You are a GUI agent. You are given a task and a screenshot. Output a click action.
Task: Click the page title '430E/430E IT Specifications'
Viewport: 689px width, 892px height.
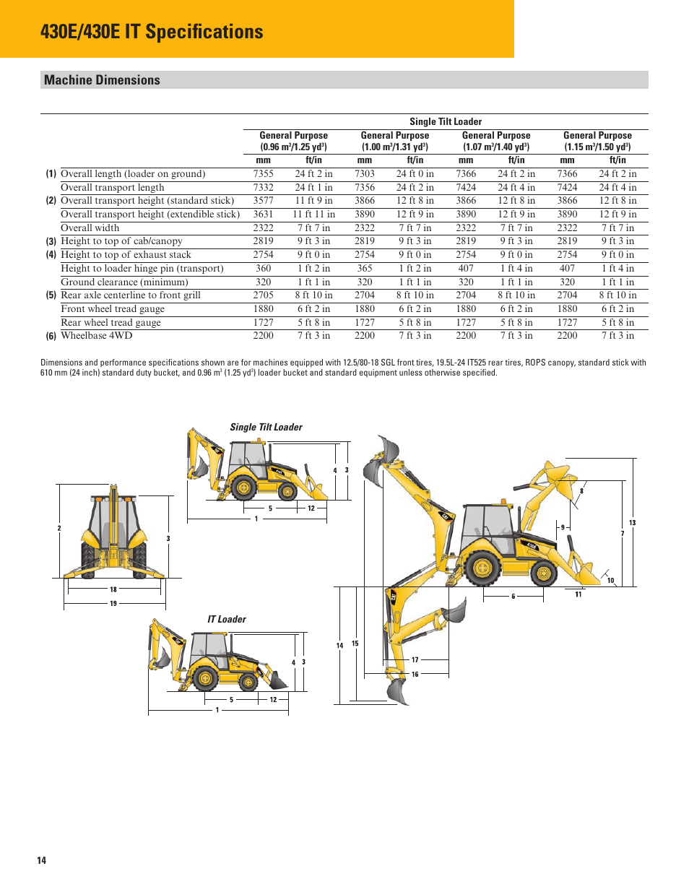point(152,32)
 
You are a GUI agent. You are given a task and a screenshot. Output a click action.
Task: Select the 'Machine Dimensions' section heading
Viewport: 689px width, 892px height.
point(102,80)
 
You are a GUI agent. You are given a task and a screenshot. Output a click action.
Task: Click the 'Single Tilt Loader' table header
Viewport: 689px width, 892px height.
point(445,121)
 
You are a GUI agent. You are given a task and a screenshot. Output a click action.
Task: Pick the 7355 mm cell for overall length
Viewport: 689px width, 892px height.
point(263,174)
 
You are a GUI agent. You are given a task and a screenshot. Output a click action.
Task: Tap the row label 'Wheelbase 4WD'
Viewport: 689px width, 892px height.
point(96,336)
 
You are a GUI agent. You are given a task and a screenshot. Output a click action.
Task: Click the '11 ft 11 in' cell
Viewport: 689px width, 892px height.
point(313,215)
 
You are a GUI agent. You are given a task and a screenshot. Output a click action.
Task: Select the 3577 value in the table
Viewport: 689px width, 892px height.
point(263,201)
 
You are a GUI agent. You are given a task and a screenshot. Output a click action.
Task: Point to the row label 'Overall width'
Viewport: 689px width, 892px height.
point(90,228)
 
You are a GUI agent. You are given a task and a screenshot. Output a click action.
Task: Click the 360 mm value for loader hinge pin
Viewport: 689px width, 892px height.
point(263,269)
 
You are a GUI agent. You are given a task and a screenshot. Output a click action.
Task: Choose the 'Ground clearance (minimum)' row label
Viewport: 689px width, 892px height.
point(124,282)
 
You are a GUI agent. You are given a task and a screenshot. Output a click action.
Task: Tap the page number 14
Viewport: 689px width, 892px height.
point(42,860)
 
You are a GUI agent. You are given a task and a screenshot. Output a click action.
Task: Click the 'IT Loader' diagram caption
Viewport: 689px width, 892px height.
point(226,620)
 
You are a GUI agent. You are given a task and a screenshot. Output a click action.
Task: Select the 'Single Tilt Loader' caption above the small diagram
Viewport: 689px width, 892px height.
point(266,428)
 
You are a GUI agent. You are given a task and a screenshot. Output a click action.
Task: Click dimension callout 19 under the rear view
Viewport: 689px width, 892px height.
point(113,604)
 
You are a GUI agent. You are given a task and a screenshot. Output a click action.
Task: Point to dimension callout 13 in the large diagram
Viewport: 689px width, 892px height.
point(632,523)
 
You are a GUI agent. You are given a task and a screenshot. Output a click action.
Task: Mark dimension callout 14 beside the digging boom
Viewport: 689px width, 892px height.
point(339,646)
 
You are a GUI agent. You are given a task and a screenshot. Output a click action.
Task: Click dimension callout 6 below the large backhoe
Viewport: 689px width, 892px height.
point(513,597)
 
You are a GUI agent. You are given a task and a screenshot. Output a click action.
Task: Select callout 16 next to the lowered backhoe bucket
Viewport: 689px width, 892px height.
point(415,675)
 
